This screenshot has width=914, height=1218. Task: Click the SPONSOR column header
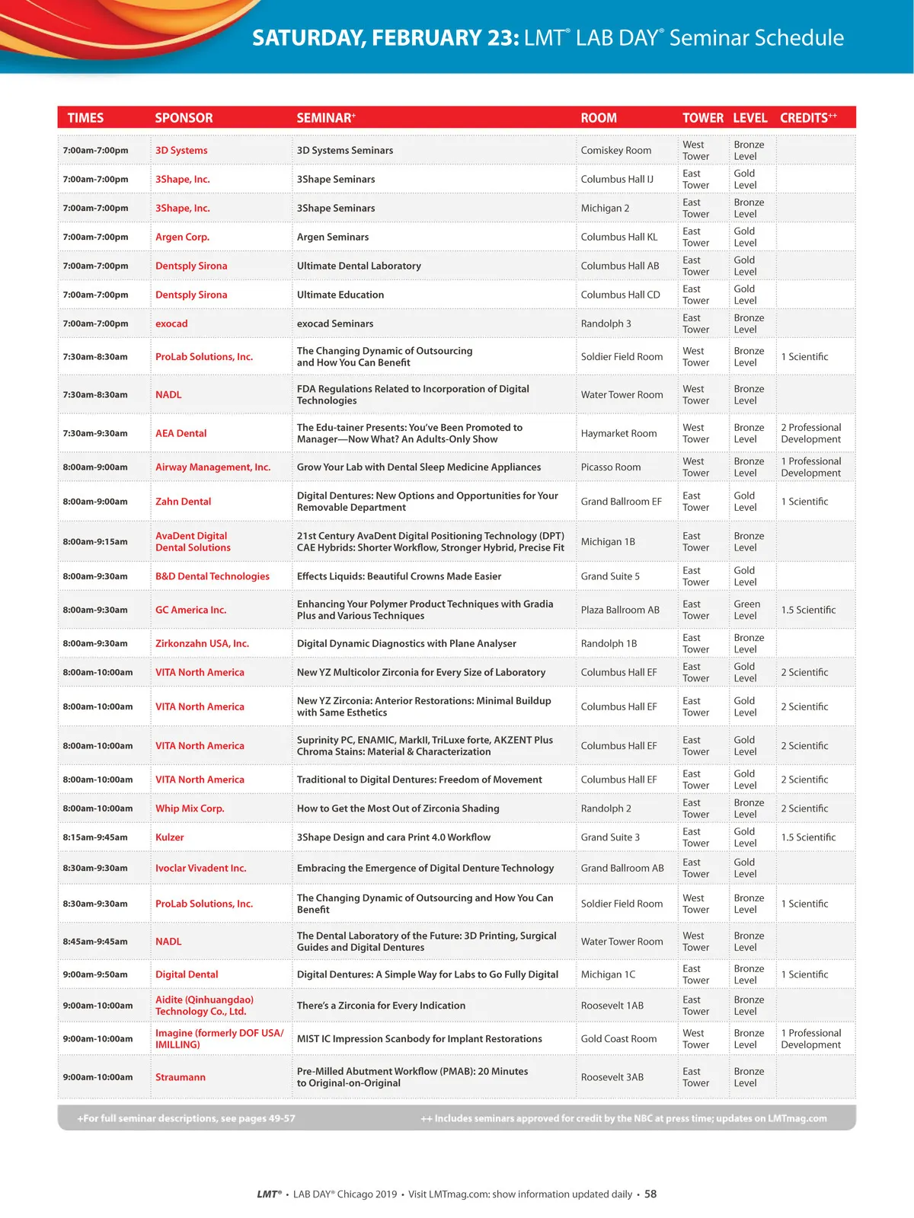(x=184, y=118)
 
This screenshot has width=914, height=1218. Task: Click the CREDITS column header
(x=807, y=118)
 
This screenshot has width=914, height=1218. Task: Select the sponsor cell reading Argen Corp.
(x=182, y=237)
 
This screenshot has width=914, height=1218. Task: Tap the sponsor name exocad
(x=171, y=324)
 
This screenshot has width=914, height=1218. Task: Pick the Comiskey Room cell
(x=615, y=151)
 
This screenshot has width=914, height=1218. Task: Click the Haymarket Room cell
(x=618, y=433)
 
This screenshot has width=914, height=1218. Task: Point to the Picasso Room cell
(x=611, y=467)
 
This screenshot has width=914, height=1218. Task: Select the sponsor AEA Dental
(x=181, y=433)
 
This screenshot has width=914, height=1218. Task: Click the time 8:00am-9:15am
(x=95, y=542)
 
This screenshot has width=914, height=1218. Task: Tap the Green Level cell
(x=746, y=610)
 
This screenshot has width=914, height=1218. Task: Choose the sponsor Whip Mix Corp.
(x=190, y=808)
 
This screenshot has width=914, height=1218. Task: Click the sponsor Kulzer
(x=170, y=837)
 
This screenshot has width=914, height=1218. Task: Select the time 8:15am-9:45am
(x=95, y=837)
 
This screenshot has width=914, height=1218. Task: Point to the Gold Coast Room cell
(x=618, y=1039)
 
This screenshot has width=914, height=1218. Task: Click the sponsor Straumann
(x=181, y=1077)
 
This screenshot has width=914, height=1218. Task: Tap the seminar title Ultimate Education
(x=340, y=295)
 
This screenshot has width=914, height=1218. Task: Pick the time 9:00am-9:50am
(x=95, y=974)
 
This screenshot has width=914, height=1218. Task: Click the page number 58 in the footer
(x=650, y=1194)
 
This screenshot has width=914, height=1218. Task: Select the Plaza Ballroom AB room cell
(x=620, y=610)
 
